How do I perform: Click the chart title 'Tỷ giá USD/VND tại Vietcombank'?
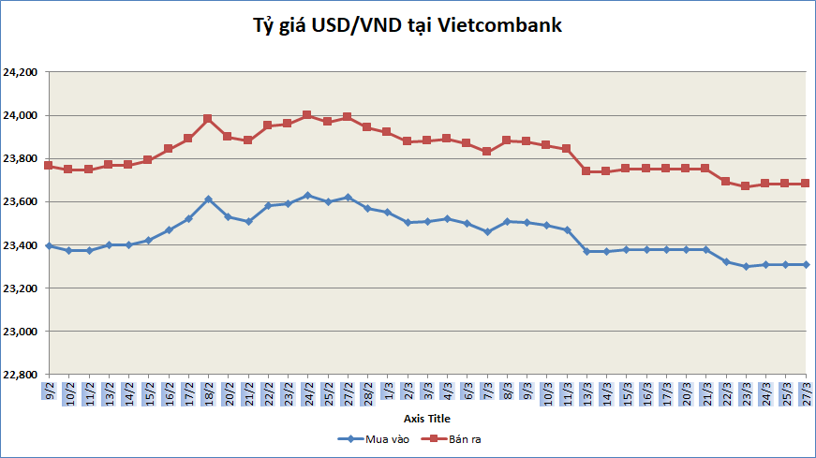pyautogui.click(x=408, y=26)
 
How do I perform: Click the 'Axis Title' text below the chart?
pyautogui.click(x=427, y=418)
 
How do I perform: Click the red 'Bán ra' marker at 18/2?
pyautogui.click(x=208, y=119)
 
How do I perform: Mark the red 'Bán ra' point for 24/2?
pyautogui.click(x=307, y=115)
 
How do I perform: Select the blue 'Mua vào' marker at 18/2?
pyautogui.click(x=208, y=199)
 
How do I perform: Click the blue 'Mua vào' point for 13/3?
pyautogui.click(x=586, y=251)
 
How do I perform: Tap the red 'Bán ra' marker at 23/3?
pyautogui.click(x=746, y=186)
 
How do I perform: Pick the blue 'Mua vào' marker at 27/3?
pyautogui.click(x=806, y=264)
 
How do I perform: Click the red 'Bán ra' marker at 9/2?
pyautogui.click(x=49, y=166)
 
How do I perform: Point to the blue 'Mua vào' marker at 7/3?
pyautogui.click(x=487, y=231)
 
